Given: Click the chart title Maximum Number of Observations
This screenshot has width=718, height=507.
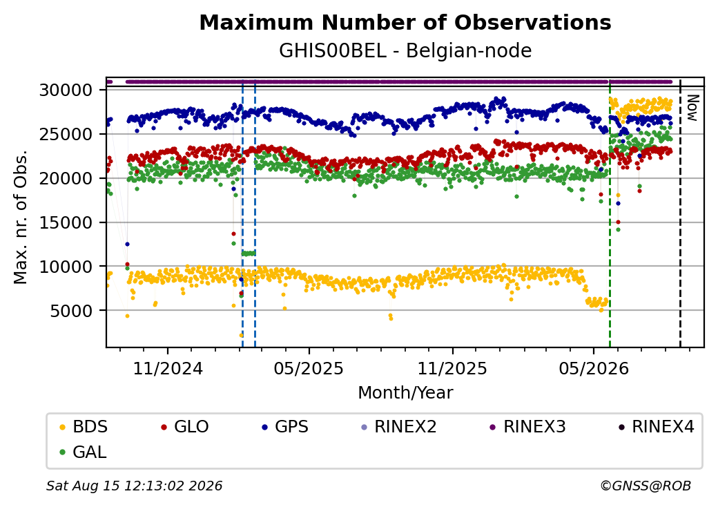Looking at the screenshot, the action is click(x=405, y=22).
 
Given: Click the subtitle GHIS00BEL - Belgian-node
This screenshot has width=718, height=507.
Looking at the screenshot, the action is click(x=405, y=51).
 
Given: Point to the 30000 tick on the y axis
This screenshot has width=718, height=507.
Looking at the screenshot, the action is click(x=66, y=90).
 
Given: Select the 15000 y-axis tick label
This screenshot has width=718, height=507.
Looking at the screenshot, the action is click(x=66, y=222).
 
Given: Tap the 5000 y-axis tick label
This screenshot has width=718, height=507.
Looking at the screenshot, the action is click(x=71, y=311).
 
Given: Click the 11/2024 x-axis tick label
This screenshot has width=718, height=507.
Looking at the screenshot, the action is click(x=168, y=368).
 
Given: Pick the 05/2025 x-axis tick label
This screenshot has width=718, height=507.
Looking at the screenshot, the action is click(x=309, y=368).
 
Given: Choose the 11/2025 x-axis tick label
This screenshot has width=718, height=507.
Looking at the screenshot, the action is click(x=452, y=368).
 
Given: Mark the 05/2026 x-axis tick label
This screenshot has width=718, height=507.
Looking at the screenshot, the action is click(x=594, y=368).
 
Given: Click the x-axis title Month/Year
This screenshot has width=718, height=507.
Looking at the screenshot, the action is click(x=405, y=392).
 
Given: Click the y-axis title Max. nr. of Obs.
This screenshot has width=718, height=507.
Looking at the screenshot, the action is click(x=21, y=217).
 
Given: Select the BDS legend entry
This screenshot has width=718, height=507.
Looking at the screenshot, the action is click(x=84, y=427).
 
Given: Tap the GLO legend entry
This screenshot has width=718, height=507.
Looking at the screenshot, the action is click(x=185, y=427).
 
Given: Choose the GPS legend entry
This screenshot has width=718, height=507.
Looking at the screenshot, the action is click(x=285, y=427).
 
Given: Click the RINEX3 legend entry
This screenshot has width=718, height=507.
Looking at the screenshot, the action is click(x=527, y=427).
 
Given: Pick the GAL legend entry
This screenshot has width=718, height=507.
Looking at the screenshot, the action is click(x=84, y=452).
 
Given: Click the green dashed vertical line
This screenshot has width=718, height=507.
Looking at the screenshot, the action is click(x=610, y=213).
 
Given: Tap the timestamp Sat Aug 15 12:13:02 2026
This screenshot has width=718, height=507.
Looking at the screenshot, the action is click(x=135, y=486).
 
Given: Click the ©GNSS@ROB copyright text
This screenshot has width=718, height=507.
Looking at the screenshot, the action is click(x=646, y=486).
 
